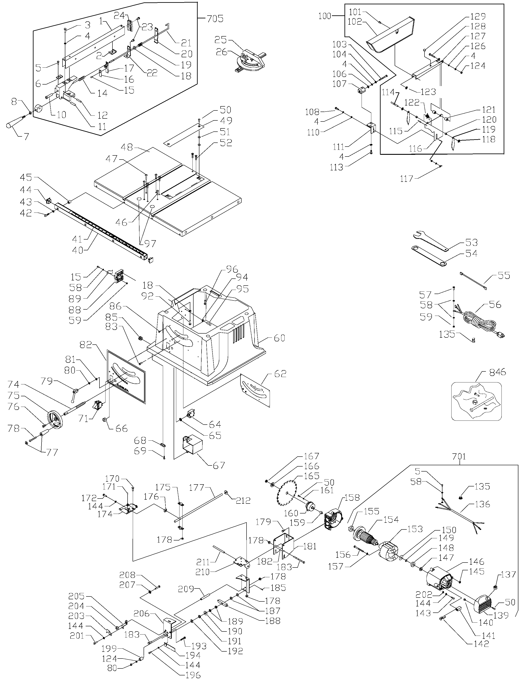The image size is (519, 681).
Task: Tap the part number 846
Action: [497, 372]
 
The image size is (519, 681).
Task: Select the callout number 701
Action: [459, 456]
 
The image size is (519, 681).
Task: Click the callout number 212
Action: [243, 501]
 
